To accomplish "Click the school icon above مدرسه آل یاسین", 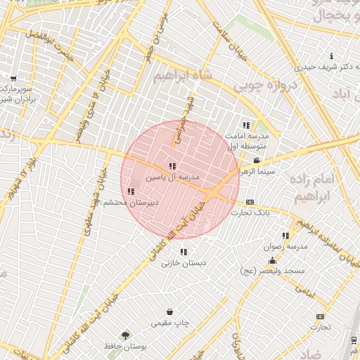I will (172, 167).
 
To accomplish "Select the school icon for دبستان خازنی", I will (184, 252).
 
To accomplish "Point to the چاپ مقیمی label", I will (170, 323).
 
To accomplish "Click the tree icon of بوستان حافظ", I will (126, 335).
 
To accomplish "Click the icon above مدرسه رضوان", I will (285, 236).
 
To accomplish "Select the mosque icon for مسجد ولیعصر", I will (272, 261).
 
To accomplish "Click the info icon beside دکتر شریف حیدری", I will (331, 56).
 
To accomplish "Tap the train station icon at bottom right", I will (353, 340).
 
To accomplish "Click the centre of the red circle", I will (180, 180).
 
